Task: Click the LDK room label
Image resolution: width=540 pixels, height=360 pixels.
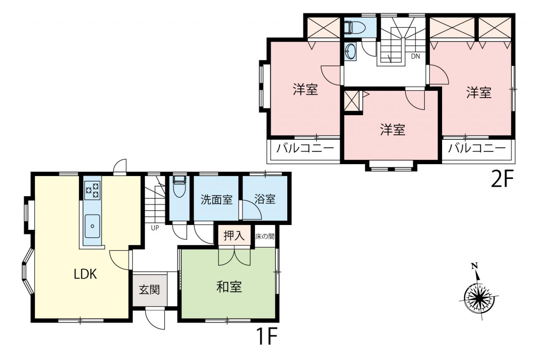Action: tap(85, 274)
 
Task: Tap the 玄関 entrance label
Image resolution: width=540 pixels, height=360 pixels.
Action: tap(149, 290)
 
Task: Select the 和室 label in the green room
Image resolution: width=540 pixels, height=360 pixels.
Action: tap(229, 287)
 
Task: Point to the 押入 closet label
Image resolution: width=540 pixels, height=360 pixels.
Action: tap(234, 235)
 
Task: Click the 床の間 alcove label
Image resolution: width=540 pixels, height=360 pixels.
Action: tap(265, 236)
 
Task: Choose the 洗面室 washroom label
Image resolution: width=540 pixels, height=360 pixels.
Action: tap(216, 199)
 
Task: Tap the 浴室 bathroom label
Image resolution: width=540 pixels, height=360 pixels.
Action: tap(265, 199)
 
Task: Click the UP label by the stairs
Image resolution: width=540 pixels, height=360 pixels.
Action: tap(155, 228)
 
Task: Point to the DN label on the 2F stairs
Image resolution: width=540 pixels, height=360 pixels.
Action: tap(416, 56)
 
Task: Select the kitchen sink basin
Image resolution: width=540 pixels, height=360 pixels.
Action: tap(92, 226)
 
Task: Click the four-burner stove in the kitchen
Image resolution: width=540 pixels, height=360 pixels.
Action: tap(92, 190)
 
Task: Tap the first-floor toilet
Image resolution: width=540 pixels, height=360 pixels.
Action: tap(179, 186)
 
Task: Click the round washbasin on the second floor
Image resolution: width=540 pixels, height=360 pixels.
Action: tap(350, 51)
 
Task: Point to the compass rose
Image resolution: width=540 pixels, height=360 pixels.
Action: tap(479, 299)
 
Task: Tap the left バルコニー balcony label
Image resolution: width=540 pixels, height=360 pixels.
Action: tap(305, 148)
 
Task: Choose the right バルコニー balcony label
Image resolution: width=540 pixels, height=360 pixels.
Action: tap(477, 148)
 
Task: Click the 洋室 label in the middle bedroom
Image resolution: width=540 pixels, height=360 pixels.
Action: tap(393, 129)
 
